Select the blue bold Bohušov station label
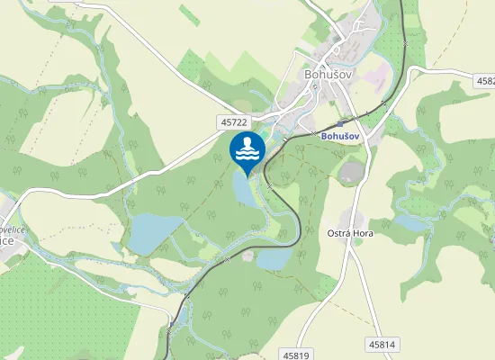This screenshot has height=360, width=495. (339, 136)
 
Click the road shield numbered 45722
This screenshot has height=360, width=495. (232, 121)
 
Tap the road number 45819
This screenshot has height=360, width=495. (294, 355)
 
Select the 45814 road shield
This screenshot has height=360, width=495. (382, 344)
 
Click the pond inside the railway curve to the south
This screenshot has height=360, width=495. (274, 258)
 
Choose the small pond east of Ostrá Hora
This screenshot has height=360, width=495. (409, 221)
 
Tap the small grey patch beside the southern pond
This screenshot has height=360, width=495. (247, 256)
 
